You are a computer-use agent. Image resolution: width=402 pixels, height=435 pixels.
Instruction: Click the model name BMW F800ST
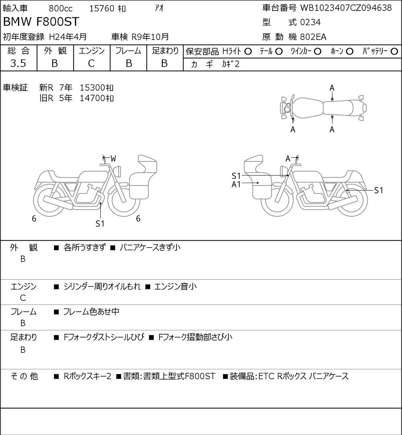tap(41, 22)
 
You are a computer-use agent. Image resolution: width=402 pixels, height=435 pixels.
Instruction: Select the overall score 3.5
tap(18, 63)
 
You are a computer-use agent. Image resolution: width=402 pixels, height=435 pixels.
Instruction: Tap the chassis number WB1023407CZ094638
tap(346, 8)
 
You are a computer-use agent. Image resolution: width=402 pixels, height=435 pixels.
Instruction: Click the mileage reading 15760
tap(101, 9)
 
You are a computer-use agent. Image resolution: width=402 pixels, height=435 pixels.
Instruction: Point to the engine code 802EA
tap(313, 37)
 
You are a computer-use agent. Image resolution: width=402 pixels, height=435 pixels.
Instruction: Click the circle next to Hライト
tap(248, 52)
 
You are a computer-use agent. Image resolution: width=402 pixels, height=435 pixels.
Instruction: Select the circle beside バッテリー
tap(394, 51)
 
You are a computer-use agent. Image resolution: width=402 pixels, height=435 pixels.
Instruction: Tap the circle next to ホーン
tap(349, 52)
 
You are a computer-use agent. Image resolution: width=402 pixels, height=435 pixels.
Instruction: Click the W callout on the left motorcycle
tap(113, 158)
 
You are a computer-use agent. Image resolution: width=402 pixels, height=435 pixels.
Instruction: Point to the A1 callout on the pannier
tap(236, 185)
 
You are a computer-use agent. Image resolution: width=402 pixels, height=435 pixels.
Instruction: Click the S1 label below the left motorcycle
tap(100, 224)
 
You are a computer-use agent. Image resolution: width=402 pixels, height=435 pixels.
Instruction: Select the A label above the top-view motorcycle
tap(332, 88)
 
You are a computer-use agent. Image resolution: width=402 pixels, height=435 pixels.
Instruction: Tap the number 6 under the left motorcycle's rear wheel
tap(34, 218)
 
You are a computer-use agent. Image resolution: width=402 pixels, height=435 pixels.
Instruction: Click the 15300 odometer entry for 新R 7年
tap(96, 88)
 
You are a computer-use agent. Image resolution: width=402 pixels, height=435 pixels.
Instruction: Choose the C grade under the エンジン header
tap(91, 63)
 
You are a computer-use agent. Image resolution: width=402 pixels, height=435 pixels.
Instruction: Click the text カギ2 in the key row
tap(231, 64)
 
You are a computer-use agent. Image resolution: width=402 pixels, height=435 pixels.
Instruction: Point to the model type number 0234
tap(310, 22)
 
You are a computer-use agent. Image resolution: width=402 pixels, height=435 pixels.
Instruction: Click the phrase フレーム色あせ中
tap(91, 311)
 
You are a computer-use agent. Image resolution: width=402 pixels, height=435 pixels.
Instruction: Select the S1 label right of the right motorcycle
tap(378, 190)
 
